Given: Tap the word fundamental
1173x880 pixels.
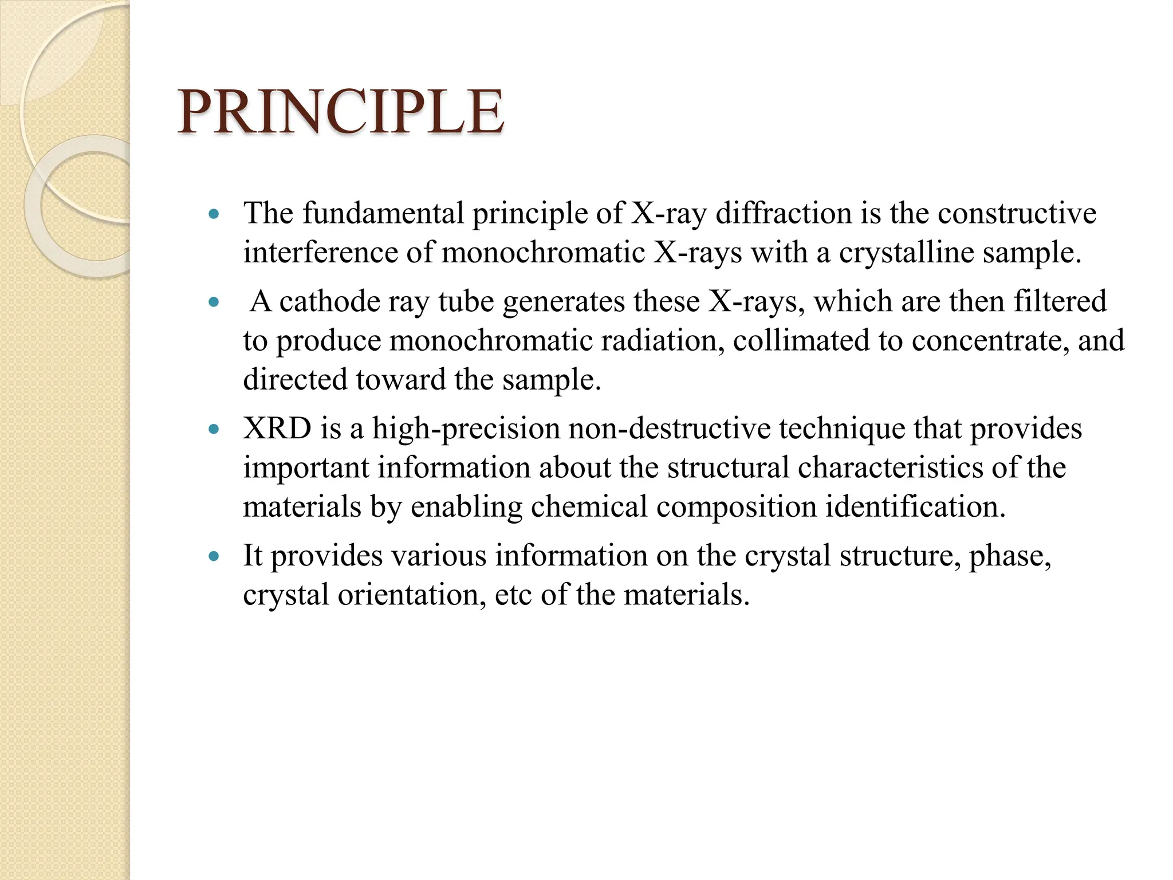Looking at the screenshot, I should [x=383, y=214].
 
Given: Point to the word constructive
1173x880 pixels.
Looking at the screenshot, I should [x=1017, y=214].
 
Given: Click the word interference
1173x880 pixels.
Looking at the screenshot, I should [x=320, y=253].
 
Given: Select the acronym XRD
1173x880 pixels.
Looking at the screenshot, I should [x=277, y=429].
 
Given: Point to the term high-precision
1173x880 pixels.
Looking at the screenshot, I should [x=466, y=429].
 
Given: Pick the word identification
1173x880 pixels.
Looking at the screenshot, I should [x=915, y=507].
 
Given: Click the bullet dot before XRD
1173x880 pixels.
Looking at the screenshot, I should [x=214, y=429].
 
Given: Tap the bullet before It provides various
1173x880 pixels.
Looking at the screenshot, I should [x=214, y=556].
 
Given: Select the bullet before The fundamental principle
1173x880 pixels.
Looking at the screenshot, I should [x=214, y=215].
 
